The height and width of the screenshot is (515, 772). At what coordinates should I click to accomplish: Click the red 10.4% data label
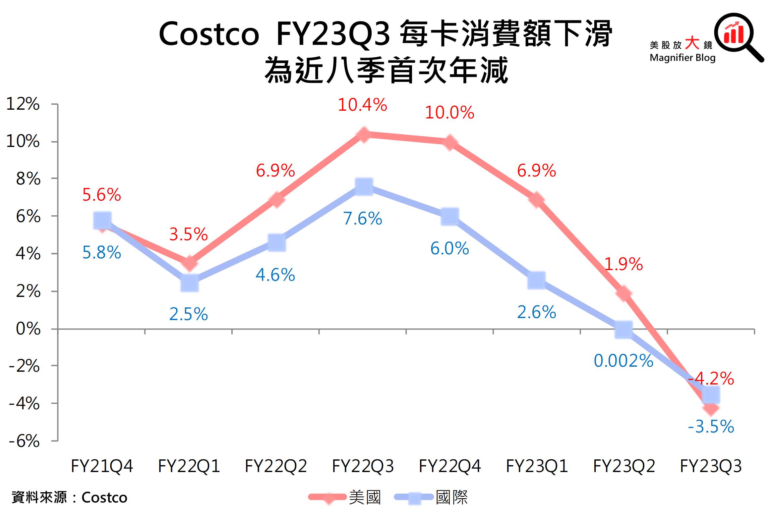click(x=362, y=105)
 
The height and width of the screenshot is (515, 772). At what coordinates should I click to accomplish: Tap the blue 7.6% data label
click(x=362, y=219)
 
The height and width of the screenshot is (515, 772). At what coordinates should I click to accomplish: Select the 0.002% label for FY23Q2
click(x=623, y=361)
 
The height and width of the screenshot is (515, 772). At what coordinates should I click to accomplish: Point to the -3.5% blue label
click(x=711, y=427)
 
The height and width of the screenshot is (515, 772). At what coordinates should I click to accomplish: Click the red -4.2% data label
click(x=711, y=379)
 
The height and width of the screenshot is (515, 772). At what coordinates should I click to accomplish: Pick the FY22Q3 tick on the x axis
click(x=363, y=466)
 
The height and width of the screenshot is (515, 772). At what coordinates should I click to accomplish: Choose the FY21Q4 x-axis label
click(x=102, y=466)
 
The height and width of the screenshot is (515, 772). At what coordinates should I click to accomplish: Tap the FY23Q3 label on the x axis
click(x=711, y=466)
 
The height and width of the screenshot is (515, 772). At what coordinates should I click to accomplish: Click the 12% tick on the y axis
click(x=23, y=104)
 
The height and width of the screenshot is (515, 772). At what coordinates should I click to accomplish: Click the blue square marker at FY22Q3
click(x=364, y=187)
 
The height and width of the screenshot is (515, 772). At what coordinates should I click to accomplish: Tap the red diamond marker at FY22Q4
click(x=450, y=142)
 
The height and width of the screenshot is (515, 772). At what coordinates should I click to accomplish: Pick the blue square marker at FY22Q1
click(x=189, y=283)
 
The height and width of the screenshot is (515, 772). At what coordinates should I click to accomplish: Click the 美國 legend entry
click(x=345, y=497)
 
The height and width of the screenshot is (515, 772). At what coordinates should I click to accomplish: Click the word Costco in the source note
click(x=104, y=498)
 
